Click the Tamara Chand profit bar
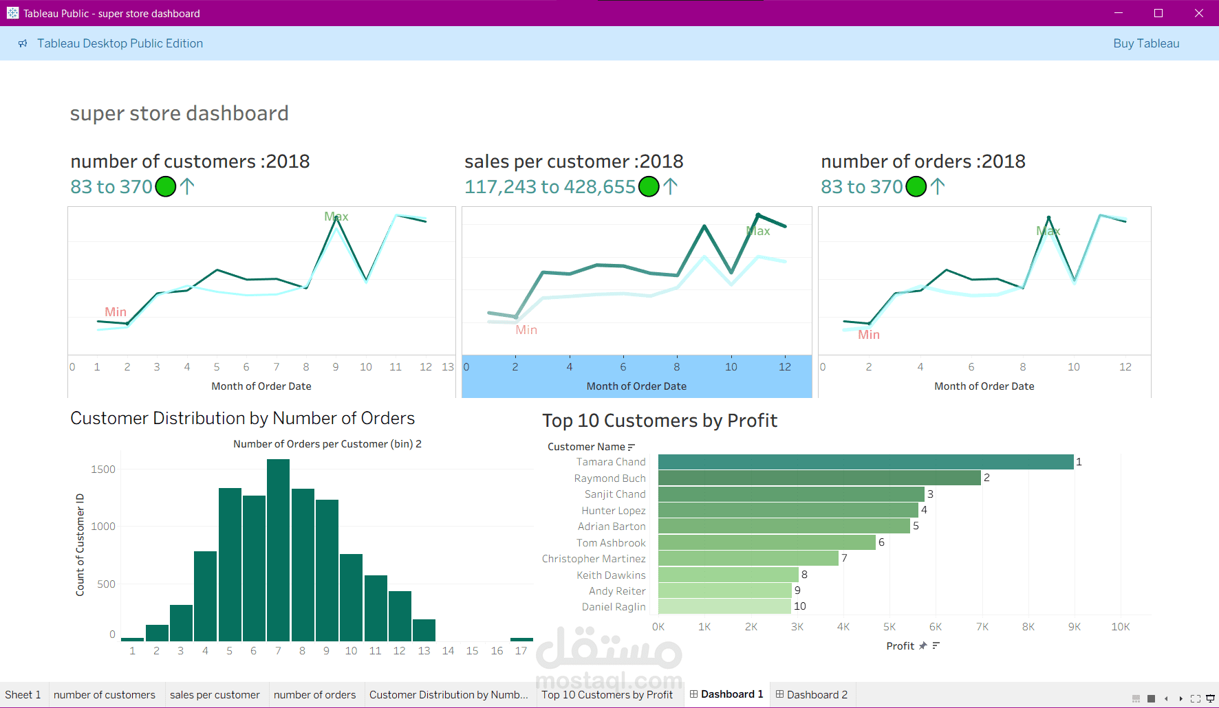point(865,462)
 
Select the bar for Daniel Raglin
point(724,606)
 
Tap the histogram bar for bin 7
point(278,550)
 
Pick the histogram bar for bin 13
point(424,630)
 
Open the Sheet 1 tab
point(23,694)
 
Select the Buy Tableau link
point(1146,43)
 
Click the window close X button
point(1199,13)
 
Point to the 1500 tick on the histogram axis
point(103,469)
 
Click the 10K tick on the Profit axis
point(1120,627)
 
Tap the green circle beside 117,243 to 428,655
point(649,186)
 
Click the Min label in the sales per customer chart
point(526,330)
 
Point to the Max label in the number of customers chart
point(336,217)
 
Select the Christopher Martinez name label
point(594,559)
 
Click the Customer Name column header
point(586,447)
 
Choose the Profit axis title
point(900,646)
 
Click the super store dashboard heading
point(179,113)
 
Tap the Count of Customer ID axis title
point(80,544)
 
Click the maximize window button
point(1158,13)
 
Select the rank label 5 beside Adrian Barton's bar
point(916,526)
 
